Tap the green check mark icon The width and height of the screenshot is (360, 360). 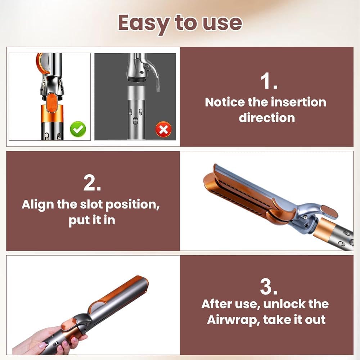(78, 129)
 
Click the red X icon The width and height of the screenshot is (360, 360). (163, 130)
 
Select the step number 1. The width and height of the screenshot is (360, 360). (269, 81)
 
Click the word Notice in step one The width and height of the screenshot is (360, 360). (225, 102)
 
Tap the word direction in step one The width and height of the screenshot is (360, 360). (267, 118)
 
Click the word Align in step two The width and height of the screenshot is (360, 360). (38, 204)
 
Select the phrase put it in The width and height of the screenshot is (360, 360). (92, 220)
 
